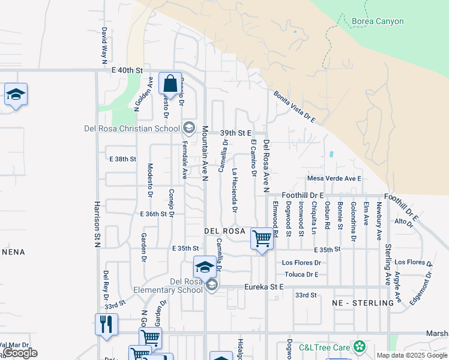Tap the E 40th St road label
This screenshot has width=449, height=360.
coord(127,70)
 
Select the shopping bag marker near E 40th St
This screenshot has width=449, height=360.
coord(170,83)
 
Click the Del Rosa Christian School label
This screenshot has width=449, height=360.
coord(132,128)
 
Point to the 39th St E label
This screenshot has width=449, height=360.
coord(234,133)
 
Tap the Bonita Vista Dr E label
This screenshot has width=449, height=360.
coord(295,107)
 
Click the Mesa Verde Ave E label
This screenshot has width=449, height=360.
coord(334,178)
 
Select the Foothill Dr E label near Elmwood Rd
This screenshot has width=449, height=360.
coord(303,195)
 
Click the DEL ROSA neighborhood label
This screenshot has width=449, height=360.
coord(224,231)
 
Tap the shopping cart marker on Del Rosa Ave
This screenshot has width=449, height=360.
coord(262,239)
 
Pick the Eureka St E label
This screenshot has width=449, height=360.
coord(264,287)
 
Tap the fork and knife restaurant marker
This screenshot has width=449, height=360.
coord(106,325)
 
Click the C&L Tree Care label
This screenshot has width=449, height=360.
coord(325,346)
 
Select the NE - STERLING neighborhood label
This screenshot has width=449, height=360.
coord(363,303)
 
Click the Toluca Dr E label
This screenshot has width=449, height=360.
coord(301,274)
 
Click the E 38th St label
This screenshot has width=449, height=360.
coord(123,159)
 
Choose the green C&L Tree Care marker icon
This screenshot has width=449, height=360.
coord(360,346)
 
